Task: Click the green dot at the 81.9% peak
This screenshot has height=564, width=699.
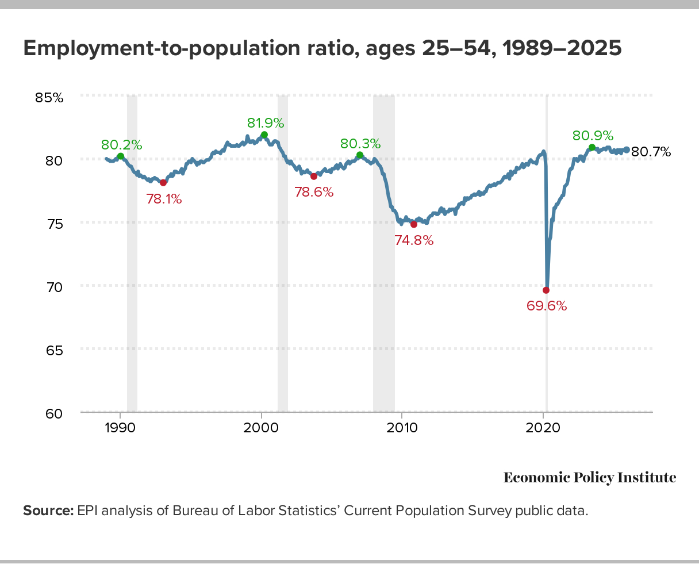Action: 264,135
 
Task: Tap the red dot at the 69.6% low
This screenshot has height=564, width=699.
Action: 546,290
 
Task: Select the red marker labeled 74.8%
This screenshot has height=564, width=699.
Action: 414,224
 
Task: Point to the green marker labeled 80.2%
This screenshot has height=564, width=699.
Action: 120,156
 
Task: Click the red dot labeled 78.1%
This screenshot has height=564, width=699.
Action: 163,183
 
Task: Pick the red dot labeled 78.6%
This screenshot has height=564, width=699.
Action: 314,176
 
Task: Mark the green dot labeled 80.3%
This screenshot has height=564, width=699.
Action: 360,155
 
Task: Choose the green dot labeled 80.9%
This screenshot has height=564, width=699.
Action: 592,147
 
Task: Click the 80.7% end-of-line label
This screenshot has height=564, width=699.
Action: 651,152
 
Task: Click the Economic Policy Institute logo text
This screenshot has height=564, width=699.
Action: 589,478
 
